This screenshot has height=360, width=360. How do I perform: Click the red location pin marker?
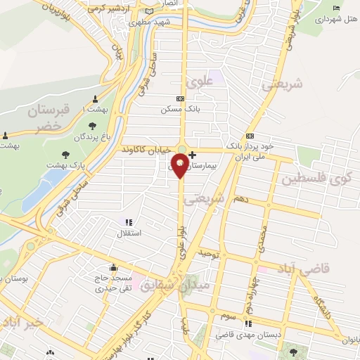point(180,165)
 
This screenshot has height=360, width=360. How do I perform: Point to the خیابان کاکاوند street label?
point(146,150)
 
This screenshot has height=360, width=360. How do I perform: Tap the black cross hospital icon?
point(193,154)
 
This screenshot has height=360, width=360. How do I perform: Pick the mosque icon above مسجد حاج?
point(114,268)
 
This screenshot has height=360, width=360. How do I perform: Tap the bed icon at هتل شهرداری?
point(336,8)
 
